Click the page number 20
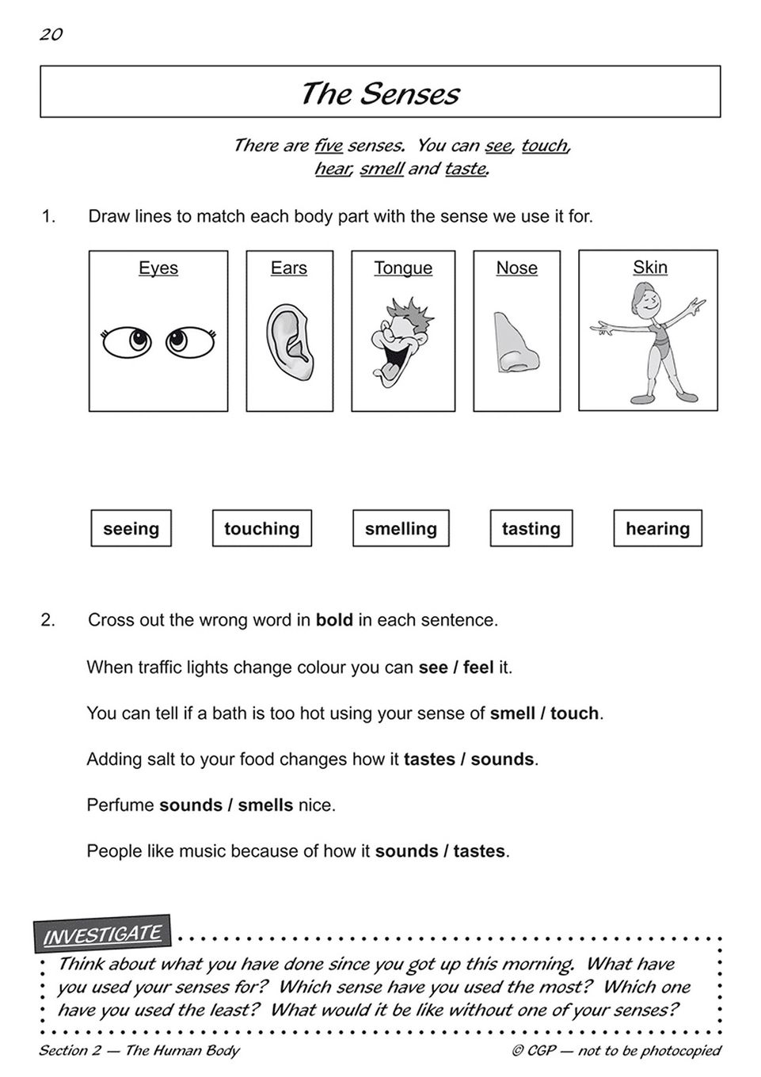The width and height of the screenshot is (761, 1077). pyautogui.click(x=51, y=34)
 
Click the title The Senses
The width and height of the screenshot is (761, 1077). pyautogui.click(x=379, y=93)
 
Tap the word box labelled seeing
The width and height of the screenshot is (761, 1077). pyautogui.click(x=131, y=528)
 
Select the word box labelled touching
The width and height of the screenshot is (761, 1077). pyautogui.click(x=261, y=528)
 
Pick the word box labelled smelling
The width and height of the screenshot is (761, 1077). pyautogui.click(x=401, y=528)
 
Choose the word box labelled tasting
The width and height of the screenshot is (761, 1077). pyautogui.click(x=531, y=528)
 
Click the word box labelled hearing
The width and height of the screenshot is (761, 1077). pyautogui.click(x=657, y=528)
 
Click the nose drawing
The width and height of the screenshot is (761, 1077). pyautogui.click(x=516, y=342)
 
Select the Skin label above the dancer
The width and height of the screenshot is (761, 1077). pyautogui.click(x=649, y=267)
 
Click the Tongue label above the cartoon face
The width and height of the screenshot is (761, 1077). pyautogui.click(x=403, y=268)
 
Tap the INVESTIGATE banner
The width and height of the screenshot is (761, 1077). pyautogui.click(x=102, y=934)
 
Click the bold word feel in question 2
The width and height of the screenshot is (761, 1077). pyautogui.click(x=478, y=667)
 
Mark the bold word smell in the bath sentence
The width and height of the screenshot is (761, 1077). pyautogui.click(x=512, y=713)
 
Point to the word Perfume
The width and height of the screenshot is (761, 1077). pyautogui.click(x=120, y=805)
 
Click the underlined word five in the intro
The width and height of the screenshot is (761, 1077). pyautogui.click(x=328, y=145)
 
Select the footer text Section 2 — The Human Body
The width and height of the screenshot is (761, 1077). pyautogui.click(x=139, y=1051)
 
